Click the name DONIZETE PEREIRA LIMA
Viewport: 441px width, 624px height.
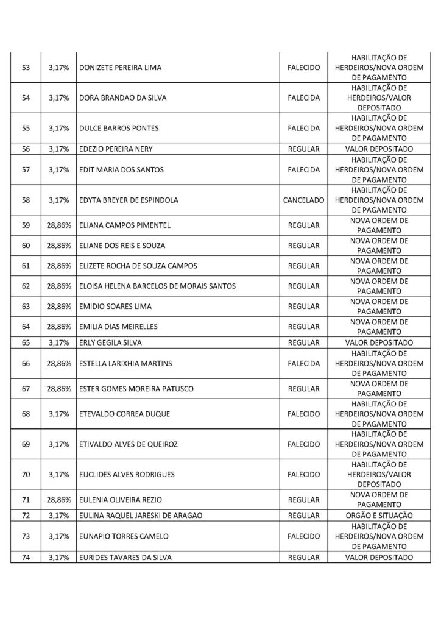click(x=121, y=68)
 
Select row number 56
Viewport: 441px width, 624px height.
click(x=26, y=149)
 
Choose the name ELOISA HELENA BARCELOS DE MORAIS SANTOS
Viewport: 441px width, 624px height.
click(x=157, y=286)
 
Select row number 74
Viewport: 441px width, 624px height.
click(x=26, y=558)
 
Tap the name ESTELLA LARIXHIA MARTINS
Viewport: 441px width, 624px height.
click(x=125, y=363)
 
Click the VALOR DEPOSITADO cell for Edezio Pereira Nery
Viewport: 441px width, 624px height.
click(x=379, y=149)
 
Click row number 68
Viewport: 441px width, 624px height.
click(x=26, y=414)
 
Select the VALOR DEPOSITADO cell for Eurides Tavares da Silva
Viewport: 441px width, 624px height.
click(x=379, y=558)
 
